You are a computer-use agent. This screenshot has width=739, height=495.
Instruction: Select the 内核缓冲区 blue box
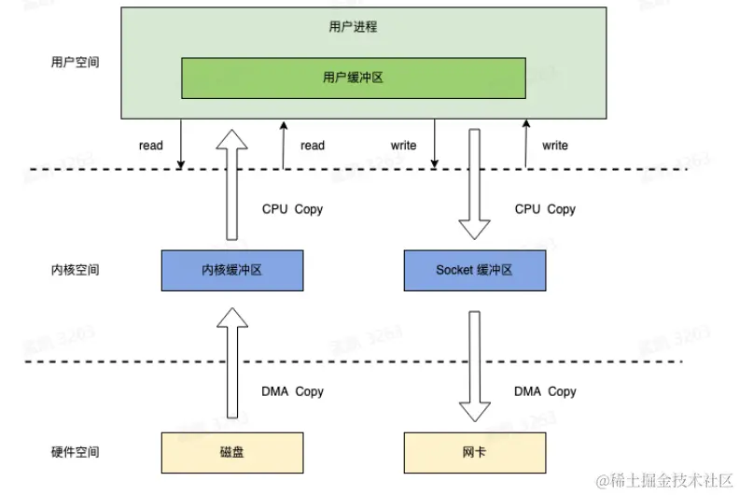[231, 270]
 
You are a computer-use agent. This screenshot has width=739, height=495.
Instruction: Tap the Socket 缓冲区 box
[474, 270]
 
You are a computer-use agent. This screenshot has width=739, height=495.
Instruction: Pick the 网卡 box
[474, 452]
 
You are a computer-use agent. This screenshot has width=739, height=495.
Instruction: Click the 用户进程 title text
[353, 27]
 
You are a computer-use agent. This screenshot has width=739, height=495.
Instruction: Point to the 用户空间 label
[75, 63]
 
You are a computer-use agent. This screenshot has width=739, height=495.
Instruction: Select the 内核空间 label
[75, 270]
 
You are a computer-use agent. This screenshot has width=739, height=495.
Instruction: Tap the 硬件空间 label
[75, 452]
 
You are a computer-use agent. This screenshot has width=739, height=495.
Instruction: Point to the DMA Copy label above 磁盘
[292, 391]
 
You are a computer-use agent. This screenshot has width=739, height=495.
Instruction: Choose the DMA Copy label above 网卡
[545, 391]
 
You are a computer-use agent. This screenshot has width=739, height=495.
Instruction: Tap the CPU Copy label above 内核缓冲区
[292, 209]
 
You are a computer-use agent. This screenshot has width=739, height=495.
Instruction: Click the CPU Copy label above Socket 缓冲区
[545, 209]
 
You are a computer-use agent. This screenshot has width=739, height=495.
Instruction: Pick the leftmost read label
[151, 146]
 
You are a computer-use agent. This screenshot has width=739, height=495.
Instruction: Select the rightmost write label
[555, 146]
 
